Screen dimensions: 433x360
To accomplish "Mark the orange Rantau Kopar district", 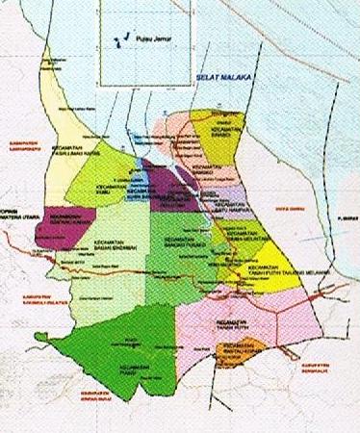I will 244,352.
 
